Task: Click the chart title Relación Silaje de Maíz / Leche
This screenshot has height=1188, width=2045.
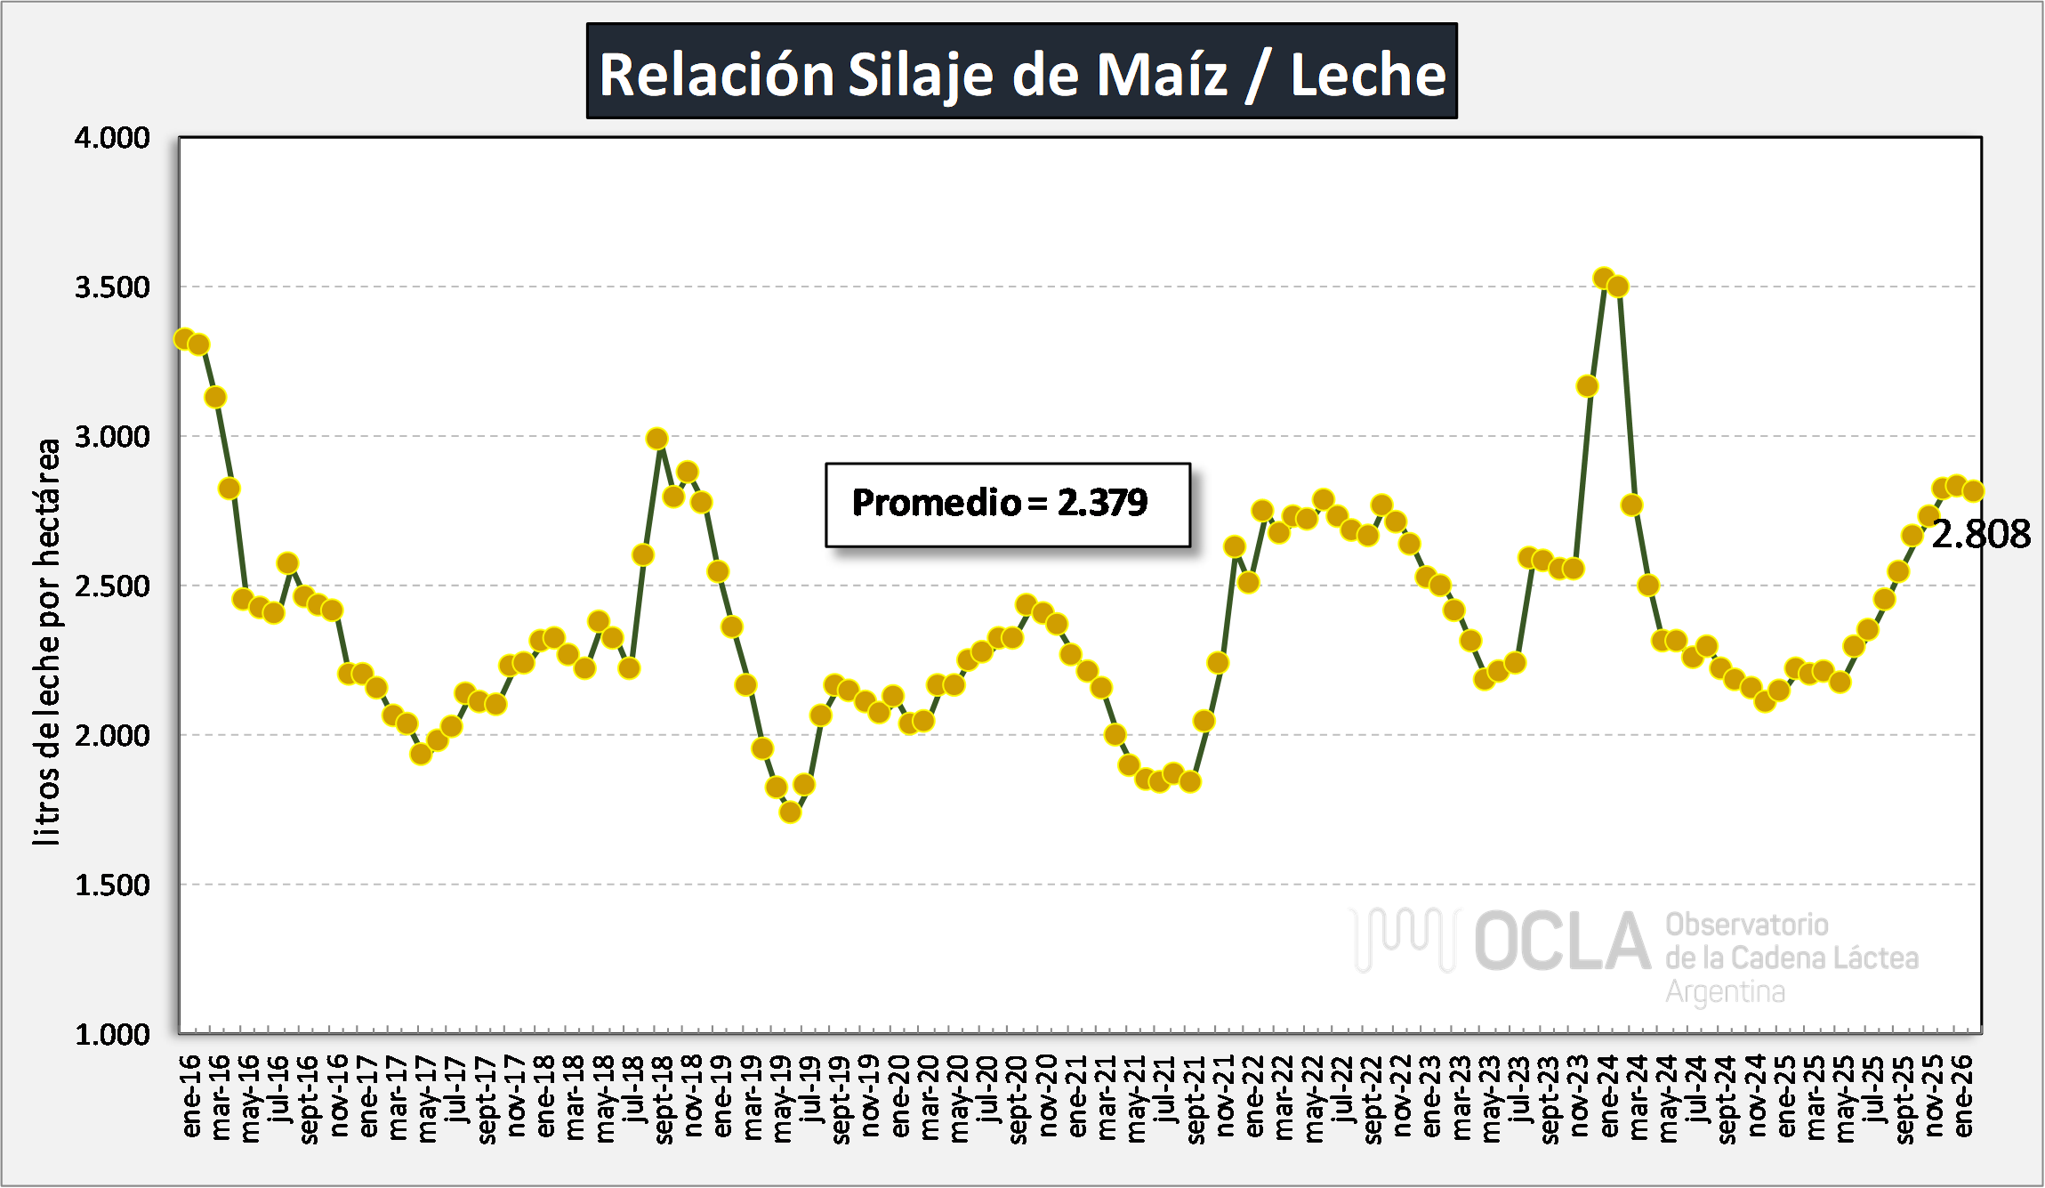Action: pos(1021,73)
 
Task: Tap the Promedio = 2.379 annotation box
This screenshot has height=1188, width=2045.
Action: pos(1007,504)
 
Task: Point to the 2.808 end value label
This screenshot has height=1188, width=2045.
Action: pos(1980,535)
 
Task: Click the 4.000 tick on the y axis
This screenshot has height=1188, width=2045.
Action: pos(112,138)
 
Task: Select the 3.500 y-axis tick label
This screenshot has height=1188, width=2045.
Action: pos(112,287)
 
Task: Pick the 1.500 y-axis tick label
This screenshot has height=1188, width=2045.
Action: pos(112,885)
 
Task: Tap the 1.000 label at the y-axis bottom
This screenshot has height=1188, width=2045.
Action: pos(112,1035)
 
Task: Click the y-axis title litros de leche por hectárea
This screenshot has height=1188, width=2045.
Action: pos(46,641)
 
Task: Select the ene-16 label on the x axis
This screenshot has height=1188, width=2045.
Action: pos(192,1096)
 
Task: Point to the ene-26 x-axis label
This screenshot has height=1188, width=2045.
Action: pos(1963,1096)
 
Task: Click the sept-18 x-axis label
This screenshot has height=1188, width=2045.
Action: pos(664,1100)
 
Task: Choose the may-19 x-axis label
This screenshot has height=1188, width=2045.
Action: pos(782,1098)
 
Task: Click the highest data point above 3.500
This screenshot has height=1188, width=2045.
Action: pos(1604,279)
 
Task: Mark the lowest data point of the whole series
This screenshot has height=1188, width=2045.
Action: pos(790,812)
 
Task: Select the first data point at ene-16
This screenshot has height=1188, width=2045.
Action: pos(184,339)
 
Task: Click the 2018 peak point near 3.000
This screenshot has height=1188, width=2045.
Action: pos(657,439)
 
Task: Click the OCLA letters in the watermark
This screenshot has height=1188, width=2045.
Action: pos(1562,942)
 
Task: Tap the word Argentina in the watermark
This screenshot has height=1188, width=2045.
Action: pos(1725,991)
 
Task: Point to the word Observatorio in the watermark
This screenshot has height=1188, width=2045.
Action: pos(1746,925)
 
